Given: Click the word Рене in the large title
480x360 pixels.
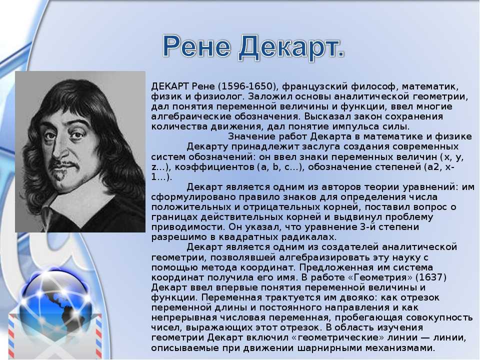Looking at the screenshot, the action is click(x=196, y=46).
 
